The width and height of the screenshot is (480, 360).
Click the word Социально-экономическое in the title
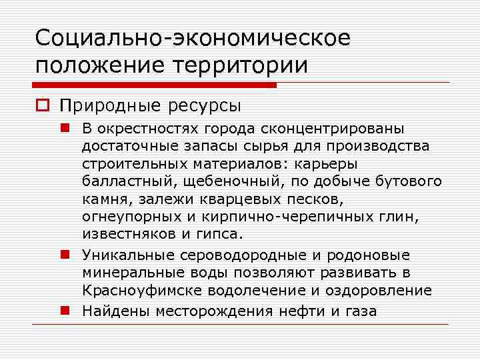192,38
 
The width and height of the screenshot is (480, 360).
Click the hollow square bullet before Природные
44,106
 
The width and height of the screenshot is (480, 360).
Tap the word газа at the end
361,311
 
